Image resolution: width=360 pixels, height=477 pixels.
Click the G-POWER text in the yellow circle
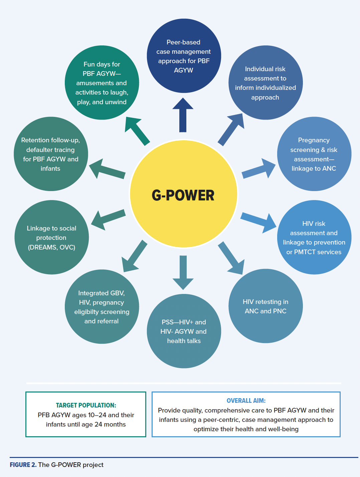coord(183,195)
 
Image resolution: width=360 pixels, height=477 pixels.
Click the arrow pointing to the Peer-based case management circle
coord(183,115)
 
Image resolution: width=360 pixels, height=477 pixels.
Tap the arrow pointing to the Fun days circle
coord(137,130)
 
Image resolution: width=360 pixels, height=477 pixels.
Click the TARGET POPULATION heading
coord(86,405)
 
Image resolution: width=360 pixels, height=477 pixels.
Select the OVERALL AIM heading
coord(246,401)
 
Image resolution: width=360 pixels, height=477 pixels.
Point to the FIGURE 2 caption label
coord(23,465)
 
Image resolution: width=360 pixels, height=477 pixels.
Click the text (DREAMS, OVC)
coord(51,247)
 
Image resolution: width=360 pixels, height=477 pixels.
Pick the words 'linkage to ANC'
coord(314,168)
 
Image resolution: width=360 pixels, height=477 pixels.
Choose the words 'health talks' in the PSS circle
coord(184,341)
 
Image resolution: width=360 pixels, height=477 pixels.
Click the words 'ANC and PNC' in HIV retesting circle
coord(265,311)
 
